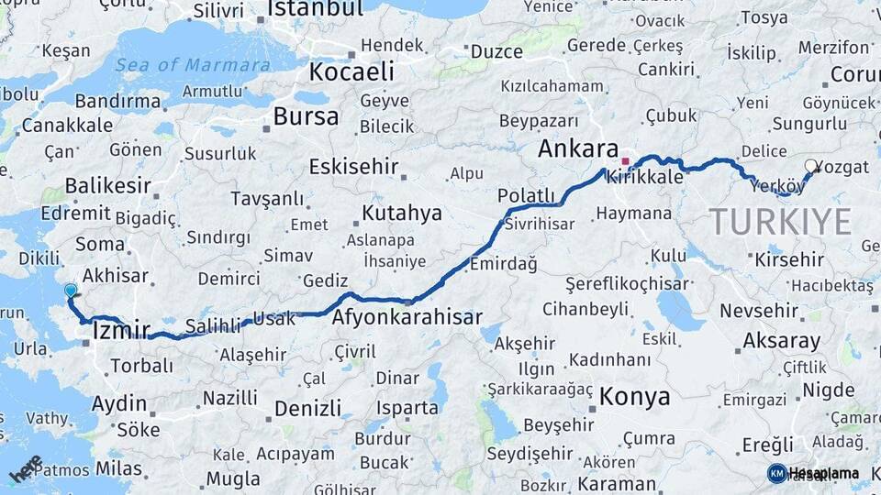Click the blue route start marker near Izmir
click(x=71, y=291)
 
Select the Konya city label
click(x=634, y=397)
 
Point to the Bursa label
click(x=306, y=116)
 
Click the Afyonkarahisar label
click(x=407, y=317)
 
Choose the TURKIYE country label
click(x=780, y=222)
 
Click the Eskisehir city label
click(x=353, y=167)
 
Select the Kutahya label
click(x=402, y=214)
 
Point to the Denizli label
click(x=307, y=408)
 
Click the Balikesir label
click(x=108, y=186)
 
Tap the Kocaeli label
click(x=351, y=71)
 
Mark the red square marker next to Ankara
click(x=626, y=161)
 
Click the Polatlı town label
click(x=526, y=195)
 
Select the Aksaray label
click(x=781, y=341)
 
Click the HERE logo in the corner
click(x=25, y=468)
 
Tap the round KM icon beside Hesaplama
click(x=777, y=474)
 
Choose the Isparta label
click(x=407, y=407)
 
